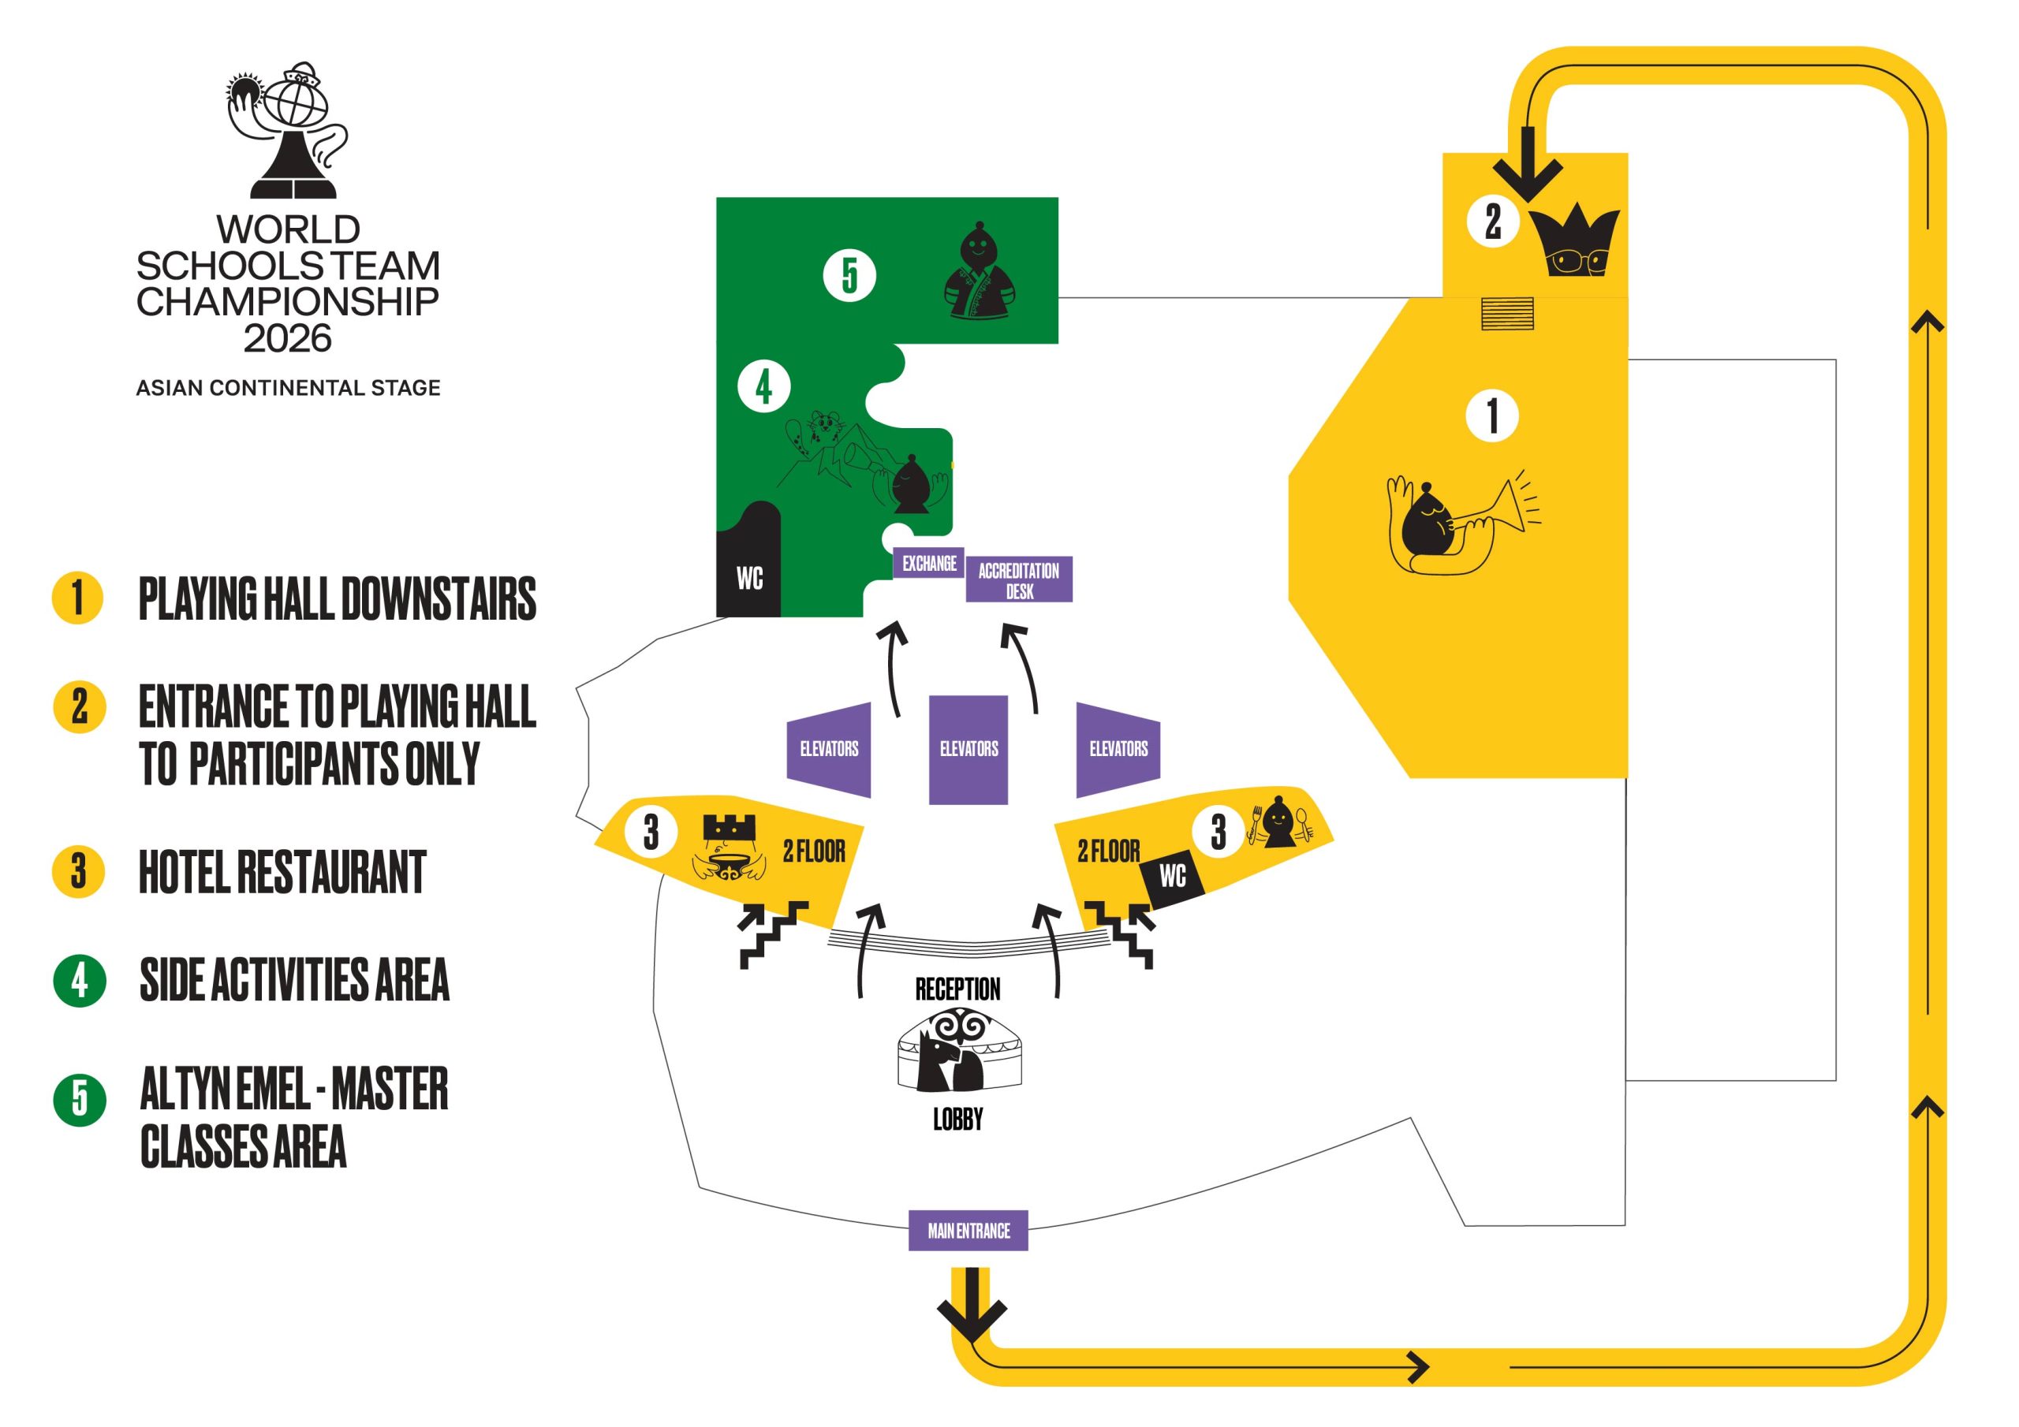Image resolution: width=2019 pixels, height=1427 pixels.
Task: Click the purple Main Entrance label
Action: click(968, 1230)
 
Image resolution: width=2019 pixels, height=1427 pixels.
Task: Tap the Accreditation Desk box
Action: click(1018, 579)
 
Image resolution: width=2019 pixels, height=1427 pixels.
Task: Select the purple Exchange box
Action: click(928, 563)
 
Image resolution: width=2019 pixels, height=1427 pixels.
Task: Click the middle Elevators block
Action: click(968, 749)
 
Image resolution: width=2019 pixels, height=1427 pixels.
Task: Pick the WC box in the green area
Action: click(749, 577)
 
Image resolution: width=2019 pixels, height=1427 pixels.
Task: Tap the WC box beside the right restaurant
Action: click(1172, 876)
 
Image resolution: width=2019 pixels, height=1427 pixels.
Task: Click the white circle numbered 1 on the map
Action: click(1491, 415)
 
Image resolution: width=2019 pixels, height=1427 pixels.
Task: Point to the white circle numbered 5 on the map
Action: click(849, 275)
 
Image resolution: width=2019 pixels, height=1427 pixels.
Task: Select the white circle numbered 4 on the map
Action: click(763, 386)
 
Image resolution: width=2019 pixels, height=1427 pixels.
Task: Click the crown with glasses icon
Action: click(1576, 242)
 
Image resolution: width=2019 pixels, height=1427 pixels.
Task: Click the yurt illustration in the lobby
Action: click(959, 1050)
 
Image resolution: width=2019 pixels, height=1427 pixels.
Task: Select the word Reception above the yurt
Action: click(957, 989)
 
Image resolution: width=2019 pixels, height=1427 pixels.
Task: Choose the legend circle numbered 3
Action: click(79, 871)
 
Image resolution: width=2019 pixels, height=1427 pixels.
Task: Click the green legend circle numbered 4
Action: click(79, 979)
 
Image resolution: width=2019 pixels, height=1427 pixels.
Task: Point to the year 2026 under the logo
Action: click(288, 338)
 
